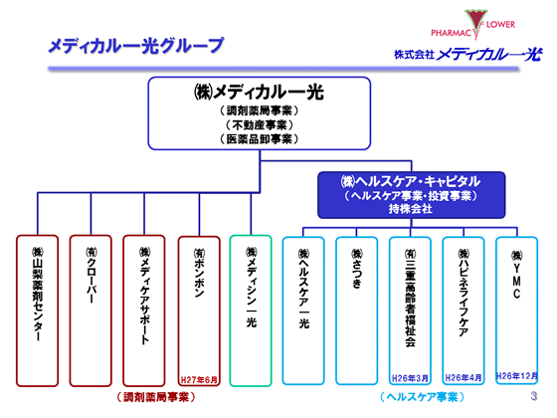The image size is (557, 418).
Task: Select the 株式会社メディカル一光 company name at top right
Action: point(466,53)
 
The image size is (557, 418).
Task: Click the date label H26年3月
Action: point(411,379)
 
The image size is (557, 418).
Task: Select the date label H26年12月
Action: point(516,379)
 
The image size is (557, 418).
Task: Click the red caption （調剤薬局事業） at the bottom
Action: point(145,397)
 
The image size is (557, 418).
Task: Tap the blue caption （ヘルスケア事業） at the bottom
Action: point(411,397)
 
